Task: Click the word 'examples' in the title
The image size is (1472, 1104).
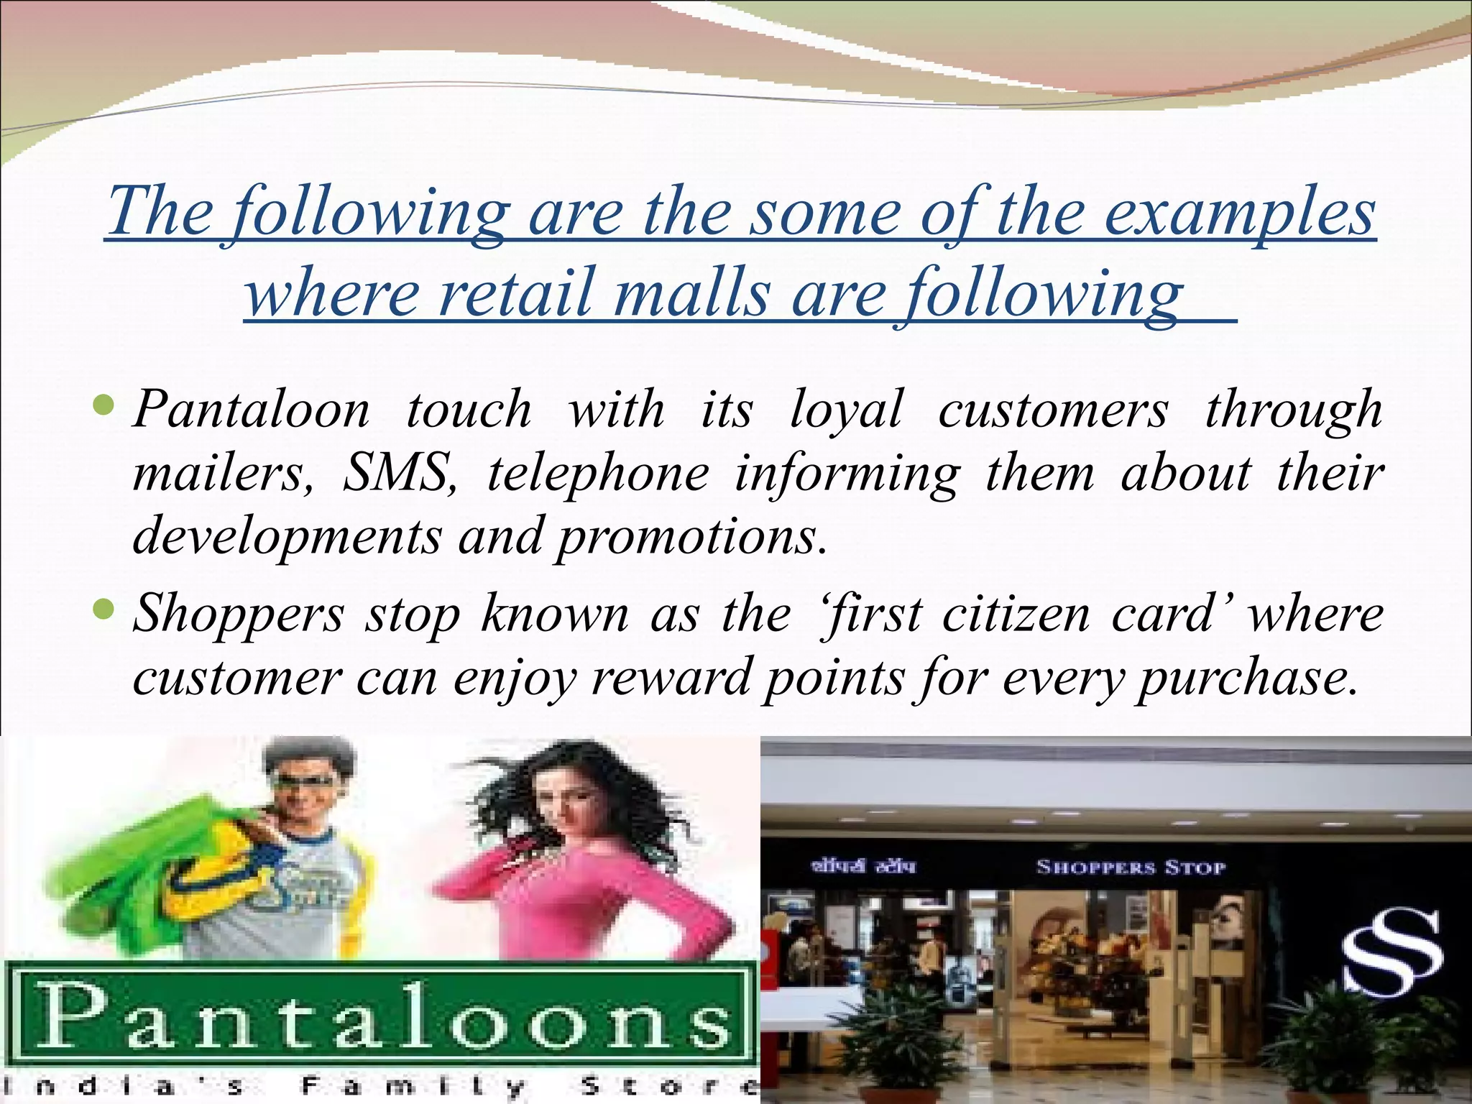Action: point(1238,213)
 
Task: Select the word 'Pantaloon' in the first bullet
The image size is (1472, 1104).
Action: point(252,410)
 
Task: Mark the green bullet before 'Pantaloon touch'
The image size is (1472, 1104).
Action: point(104,408)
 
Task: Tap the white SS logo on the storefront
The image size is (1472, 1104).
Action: point(1392,952)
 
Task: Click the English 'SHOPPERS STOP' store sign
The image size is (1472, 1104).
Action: point(1130,868)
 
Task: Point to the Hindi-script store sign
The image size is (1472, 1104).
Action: point(862,867)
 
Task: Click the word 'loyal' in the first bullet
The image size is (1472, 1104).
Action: point(846,410)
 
